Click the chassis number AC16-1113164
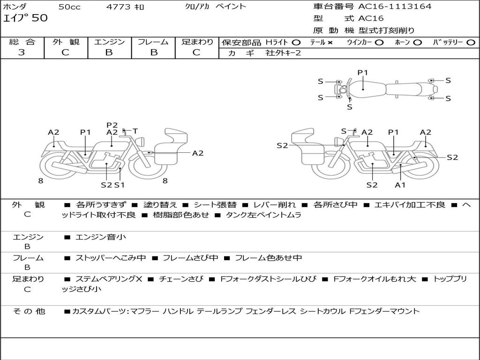[x=395, y=7]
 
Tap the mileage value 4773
[x=118, y=7]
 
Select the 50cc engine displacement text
[x=69, y=7]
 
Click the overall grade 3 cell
[x=22, y=52]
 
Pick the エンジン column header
[x=109, y=42]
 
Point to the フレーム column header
[x=153, y=42]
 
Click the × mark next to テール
[x=330, y=43]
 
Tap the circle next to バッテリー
[x=471, y=43]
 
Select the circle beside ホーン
[x=418, y=43]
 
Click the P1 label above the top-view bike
[x=363, y=73]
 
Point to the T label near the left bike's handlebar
[x=135, y=131]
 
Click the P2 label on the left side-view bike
[x=112, y=125]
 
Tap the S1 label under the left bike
[x=120, y=185]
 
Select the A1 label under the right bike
[x=400, y=185]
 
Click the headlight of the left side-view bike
[x=141, y=142]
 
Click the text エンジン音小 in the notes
[x=101, y=237]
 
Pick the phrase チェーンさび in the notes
[x=181, y=279]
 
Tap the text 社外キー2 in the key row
[x=283, y=53]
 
